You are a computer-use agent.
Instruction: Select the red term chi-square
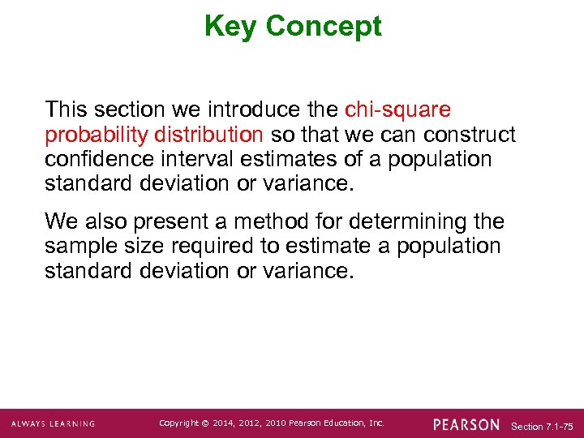pyautogui.click(x=397, y=109)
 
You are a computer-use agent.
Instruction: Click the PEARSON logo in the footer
pyautogui.click(x=466, y=424)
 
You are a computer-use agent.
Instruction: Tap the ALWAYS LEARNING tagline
pyautogui.click(x=54, y=424)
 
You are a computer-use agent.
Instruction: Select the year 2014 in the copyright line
pyautogui.click(x=221, y=423)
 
